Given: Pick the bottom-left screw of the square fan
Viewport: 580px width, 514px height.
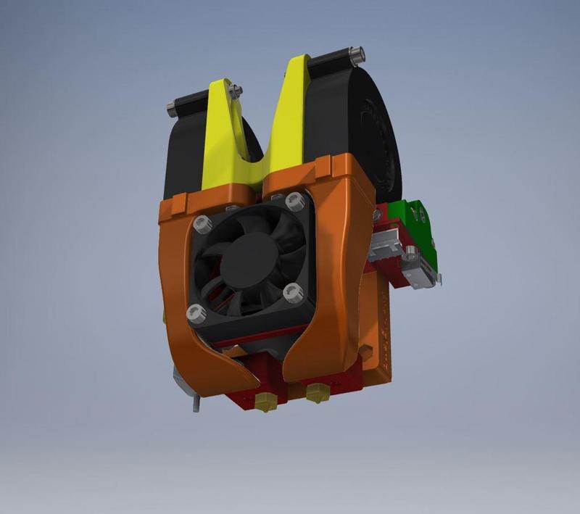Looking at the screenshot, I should [194, 313].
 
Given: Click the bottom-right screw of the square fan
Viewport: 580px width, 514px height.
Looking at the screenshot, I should [293, 294].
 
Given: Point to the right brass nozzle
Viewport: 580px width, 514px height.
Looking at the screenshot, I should [316, 394].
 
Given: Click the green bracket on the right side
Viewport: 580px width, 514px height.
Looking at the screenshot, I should [410, 217].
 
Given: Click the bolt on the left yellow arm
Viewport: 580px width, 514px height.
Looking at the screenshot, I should [235, 90].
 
